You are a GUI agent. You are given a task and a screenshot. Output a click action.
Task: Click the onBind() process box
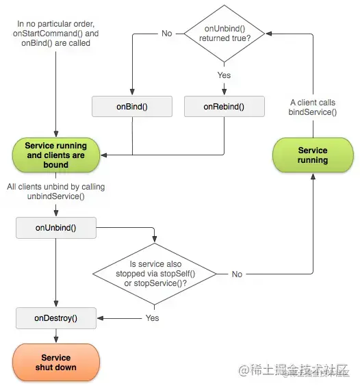pyautogui.click(x=132, y=106)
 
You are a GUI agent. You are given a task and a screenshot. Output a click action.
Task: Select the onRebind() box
pyautogui.click(x=224, y=106)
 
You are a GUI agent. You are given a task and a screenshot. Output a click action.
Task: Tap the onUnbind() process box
pyautogui.click(x=56, y=228)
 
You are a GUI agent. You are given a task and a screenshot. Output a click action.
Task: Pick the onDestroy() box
pyautogui.click(x=56, y=318)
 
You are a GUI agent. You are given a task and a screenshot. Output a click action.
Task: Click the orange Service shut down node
pyautogui.click(x=56, y=362)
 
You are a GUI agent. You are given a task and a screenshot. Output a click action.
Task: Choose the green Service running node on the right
pyautogui.click(x=313, y=155)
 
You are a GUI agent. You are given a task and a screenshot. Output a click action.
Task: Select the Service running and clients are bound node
pyautogui.click(x=56, y=155)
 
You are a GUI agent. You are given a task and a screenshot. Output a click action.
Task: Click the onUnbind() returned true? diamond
pyautogui.click(x=224, y=34)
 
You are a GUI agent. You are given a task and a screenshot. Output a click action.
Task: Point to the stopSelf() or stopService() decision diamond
pyautogui.click(x=155, y=274)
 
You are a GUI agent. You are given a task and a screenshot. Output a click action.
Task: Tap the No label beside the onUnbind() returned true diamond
pyautogui.click(x=167, y=34)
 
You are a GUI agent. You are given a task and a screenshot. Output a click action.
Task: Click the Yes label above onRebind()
pyautogui.click(x=224, y=75)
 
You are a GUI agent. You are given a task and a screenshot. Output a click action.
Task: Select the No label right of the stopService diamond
pyautogui.click(x=237, y=274)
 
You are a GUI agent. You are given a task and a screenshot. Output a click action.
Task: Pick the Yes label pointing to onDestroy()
pyautogui.click(x=152, y=318)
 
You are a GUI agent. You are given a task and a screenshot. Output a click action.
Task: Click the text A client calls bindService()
pyautogui.click(x=313, y=107)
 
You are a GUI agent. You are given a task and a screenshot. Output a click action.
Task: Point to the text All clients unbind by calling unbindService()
pyautogui.click(x=56, y=192)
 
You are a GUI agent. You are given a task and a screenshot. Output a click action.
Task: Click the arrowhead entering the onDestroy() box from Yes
pyautogui.click(x=100, y=318)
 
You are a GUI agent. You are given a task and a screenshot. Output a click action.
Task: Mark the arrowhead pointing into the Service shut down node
pyautogui.click(x=56, y=339)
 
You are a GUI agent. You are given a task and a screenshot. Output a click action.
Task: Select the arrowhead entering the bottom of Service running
pyautogui.click(x=313, y=176)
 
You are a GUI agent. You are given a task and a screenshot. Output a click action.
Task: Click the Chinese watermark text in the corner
pyautogui.click(x=294, y=370)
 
